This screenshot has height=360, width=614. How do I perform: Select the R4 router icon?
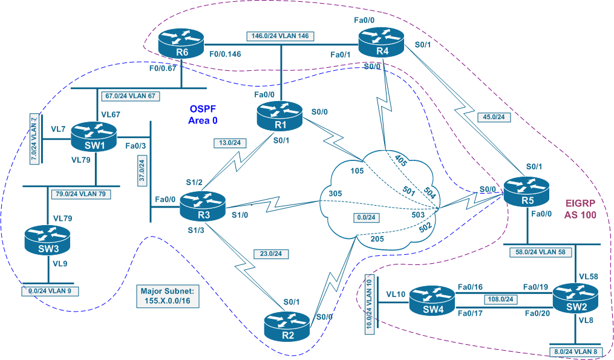pyautogui.click(x=382, y=42)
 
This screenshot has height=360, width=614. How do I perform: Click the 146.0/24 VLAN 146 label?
pyautogui.click(x=280, y=36)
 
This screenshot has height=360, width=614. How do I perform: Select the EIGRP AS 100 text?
pyautogui.click(x=581, y=209)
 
